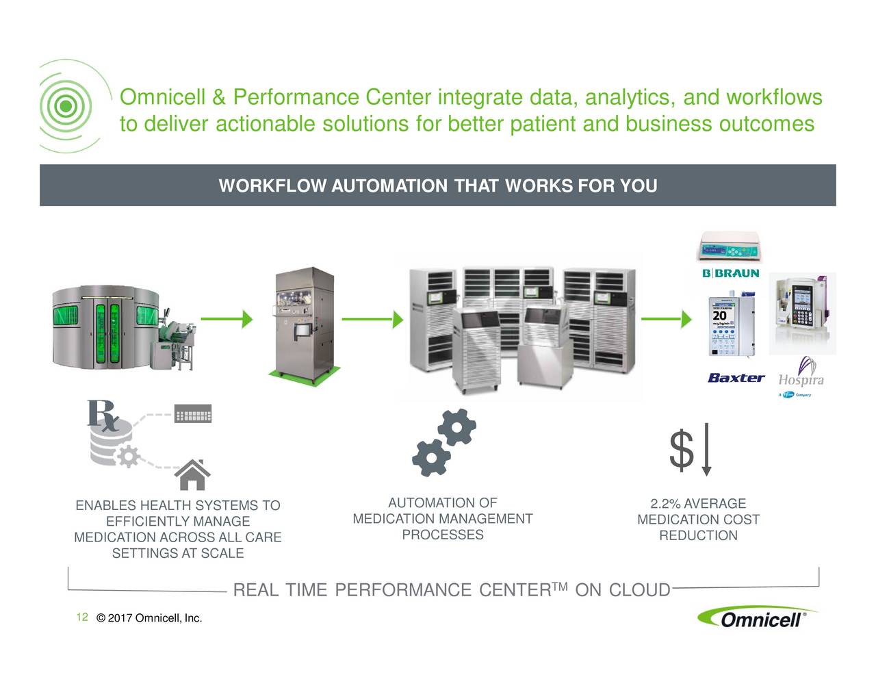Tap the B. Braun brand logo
730,273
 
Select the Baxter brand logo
736,378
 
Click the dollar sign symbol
682,452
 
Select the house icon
192,474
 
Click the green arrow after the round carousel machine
227,319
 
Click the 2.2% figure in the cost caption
665,504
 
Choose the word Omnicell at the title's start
163,99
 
